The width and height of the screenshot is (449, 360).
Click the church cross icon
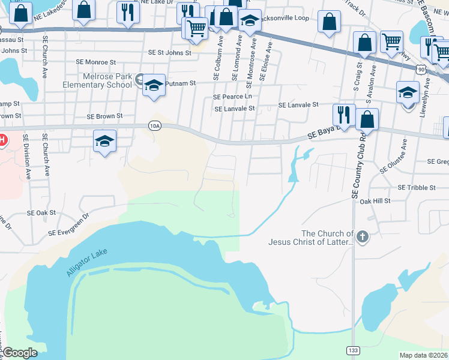coord(362,238)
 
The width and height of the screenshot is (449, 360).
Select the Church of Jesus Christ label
coord(327,238)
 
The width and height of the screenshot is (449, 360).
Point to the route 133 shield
coord(352,349)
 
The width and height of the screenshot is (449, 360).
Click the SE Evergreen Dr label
coord(68,224)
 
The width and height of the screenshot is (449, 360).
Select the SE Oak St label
coord(41,212)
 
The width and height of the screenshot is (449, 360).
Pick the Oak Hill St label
coord(375,201)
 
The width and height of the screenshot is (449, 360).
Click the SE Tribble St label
coord(416,188)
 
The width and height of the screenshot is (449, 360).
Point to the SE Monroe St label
coord(96,62)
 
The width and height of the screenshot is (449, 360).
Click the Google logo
coord(20,353)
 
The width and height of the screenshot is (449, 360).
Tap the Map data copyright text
coord(423,355)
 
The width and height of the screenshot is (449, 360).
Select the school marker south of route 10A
coord(105,141)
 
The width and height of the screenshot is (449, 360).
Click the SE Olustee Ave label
coord(405,155)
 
